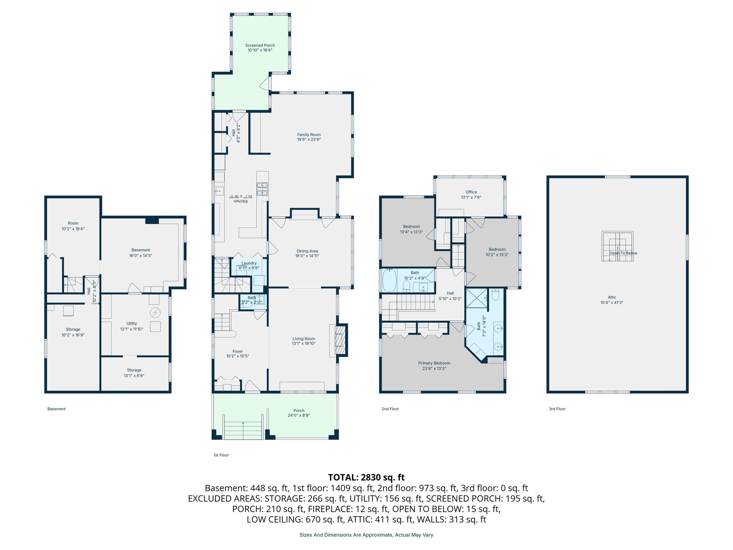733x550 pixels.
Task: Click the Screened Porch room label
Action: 260,45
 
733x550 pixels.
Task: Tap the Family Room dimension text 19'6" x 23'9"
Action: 309,140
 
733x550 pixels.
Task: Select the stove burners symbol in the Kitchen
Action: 262,189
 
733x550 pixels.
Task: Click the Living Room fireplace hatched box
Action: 341,339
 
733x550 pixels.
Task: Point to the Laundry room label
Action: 249,263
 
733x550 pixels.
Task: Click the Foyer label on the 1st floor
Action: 237,351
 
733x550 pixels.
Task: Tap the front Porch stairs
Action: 243,430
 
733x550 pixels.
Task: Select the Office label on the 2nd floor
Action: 471,192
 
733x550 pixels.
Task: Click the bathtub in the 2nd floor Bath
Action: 389,281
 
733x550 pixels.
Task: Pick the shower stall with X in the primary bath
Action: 476,298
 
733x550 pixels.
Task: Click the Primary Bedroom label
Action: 434,363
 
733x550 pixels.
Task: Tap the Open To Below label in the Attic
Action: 623,253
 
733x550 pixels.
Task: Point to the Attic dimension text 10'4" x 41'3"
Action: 612,303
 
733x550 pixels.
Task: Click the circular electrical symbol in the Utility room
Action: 155,313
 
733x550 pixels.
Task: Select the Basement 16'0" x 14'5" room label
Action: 140,250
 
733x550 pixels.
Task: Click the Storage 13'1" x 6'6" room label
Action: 134,370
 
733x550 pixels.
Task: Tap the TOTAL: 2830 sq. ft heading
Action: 366,477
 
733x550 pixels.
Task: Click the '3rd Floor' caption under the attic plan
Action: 557,409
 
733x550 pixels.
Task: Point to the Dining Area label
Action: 307,251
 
